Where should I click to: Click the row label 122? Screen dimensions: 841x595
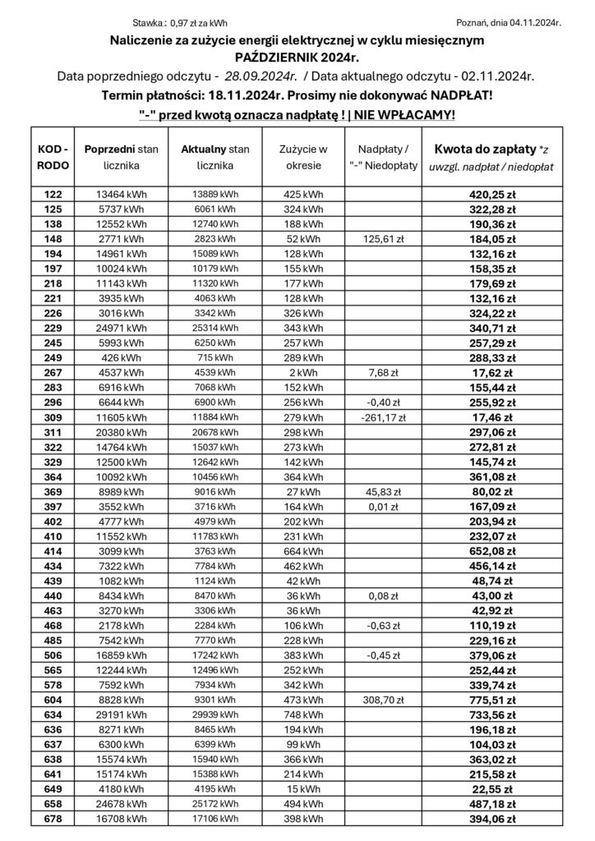pyautogui.click(x=53, y=195)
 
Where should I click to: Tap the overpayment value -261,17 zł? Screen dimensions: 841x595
pyautogui.click(x=383, y=417)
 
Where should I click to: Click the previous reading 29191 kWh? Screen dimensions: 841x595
pyautogui.click(x=121, y=715)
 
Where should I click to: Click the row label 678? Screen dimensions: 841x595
pyautogui.click(x=53, y=819)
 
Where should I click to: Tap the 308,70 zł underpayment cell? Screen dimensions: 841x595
pyautogui.click(x=383, y=701)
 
